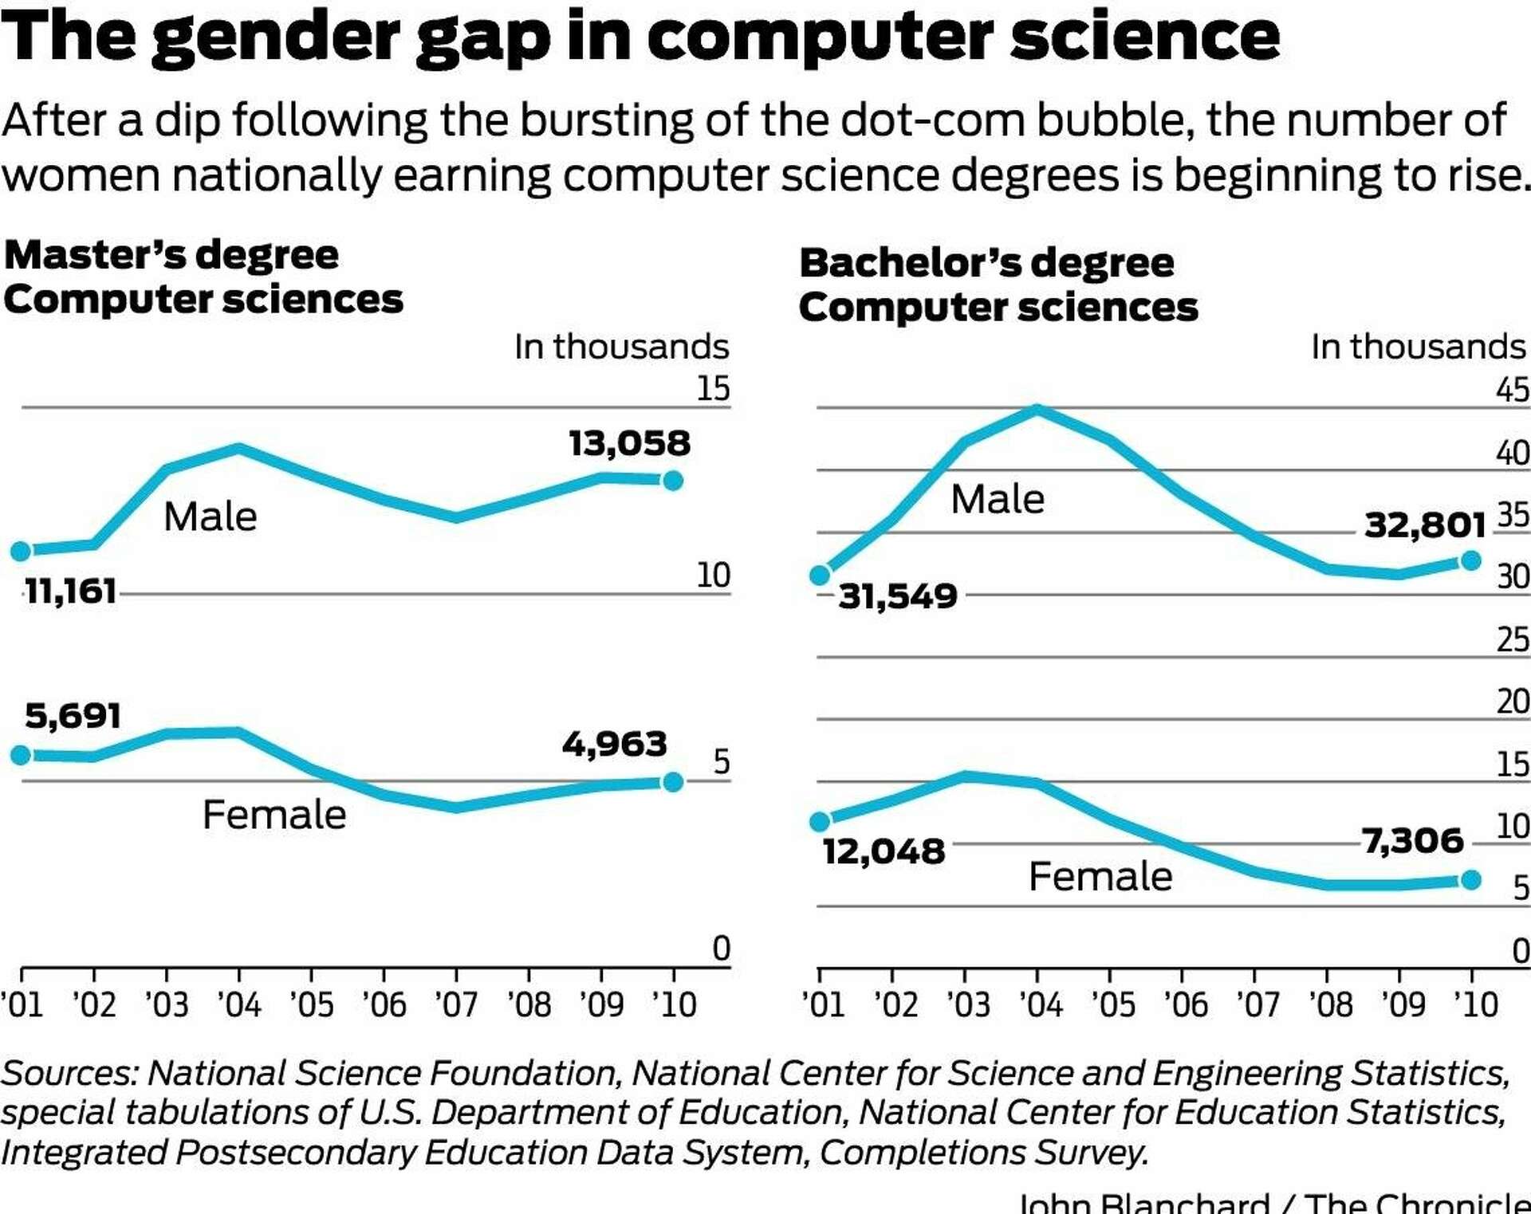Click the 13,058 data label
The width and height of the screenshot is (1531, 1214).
click(629, 443)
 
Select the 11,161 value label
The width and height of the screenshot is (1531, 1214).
click(70, 591)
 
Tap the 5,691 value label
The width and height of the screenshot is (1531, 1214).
click(73, 715)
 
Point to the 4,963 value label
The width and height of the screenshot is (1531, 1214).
click(614, 744)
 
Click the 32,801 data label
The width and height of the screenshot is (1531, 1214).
click(1425, 524)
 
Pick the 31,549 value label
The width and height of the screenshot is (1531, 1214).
click(897, 595)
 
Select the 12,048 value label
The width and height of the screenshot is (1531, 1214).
click(884, 851)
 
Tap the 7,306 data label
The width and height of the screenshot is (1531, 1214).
click(1412, 840)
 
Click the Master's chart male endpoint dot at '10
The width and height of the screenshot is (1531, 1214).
click(673, 481)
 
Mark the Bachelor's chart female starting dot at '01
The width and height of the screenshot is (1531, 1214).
click(820, 821)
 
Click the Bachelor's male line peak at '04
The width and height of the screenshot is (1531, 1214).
click(1037, 410)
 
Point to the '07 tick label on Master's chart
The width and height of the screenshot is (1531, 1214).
click(456, 1004)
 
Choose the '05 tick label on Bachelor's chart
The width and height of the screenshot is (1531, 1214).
click(1113, 1004)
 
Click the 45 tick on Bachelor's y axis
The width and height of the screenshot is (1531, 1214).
click(1512, 391)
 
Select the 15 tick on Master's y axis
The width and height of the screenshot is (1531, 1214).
click(713, 389)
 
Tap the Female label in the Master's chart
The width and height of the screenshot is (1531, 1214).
click(274, 815)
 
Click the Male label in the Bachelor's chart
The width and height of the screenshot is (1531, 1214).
click(997, 500)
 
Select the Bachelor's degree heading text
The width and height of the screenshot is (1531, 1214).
click(986, 263)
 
